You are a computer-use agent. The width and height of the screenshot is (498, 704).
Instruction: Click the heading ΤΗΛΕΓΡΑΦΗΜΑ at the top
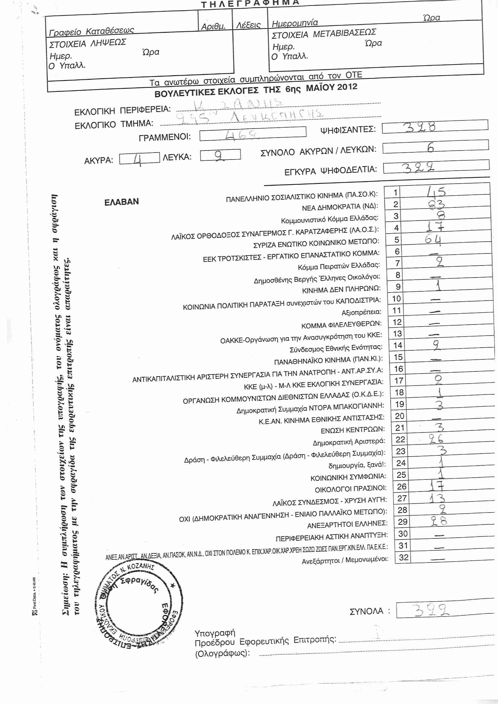(250, 3)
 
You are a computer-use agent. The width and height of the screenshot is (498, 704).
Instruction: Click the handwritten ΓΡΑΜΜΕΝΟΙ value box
(252, 134)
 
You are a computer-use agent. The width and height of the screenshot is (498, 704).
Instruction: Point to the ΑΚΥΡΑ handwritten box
(139, 158)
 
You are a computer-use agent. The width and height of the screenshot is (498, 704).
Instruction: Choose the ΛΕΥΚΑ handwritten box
(220, 155)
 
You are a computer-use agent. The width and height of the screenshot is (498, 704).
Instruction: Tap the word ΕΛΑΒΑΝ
(121, 202)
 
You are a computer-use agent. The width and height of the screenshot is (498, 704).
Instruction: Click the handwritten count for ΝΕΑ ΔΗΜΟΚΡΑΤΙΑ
(436, 204)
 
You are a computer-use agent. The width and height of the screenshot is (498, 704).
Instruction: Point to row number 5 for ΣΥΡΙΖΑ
(397, 240)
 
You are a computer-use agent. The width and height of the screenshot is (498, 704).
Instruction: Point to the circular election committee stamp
(139, 606)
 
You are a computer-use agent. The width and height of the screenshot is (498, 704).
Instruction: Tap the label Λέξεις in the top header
(248, 25)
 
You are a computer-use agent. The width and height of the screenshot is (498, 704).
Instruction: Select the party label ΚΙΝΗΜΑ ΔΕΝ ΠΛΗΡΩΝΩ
(341, 290)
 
